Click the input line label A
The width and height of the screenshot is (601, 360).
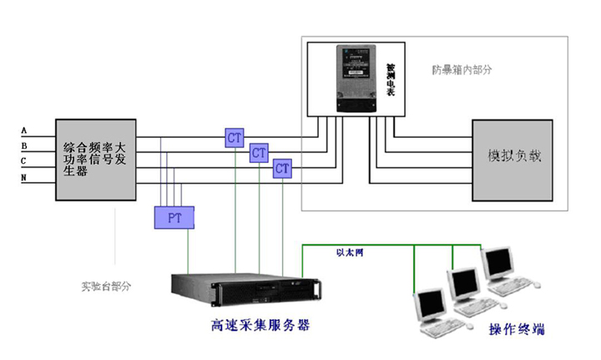24,131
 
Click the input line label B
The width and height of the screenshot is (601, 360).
24,146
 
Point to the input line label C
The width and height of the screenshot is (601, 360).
24,161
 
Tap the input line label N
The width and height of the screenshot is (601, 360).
24,177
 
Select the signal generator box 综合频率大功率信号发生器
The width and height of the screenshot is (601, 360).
96,159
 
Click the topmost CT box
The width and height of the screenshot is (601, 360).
235,137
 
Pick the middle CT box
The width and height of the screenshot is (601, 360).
260,153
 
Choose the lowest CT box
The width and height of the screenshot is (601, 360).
283,169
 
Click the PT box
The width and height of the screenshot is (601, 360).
174,217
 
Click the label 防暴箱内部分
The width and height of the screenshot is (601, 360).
463,69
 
